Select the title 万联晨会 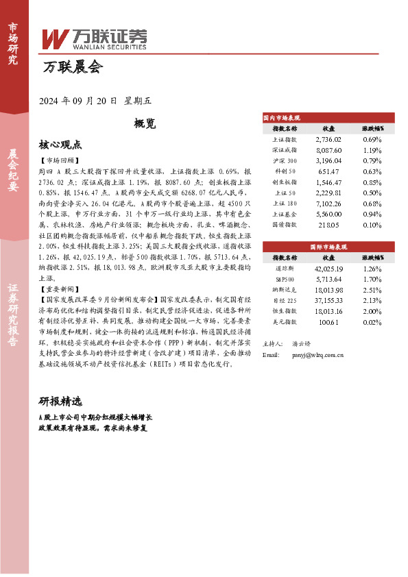[x=71, y=67]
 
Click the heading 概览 [x=146, y=124]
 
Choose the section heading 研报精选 [x=60, y=401]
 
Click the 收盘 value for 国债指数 [x=328, y=224]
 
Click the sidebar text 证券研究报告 [x=13, y=321]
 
